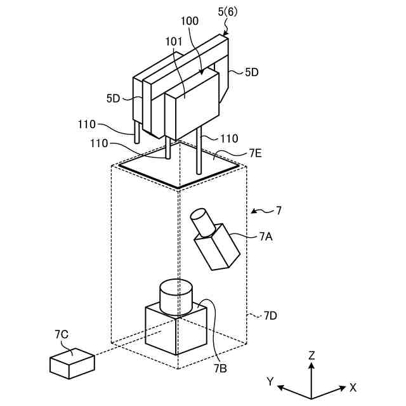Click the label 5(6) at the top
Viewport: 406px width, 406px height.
click(x=228, y=12)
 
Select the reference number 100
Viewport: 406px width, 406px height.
click(x=190, y=21)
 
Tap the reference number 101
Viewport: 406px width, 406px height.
click(x=174, y=41)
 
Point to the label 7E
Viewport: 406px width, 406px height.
click(x=255, y=154)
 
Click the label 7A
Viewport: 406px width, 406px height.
click(x=266, y=237)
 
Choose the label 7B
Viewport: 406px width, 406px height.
click(x=220, y=368)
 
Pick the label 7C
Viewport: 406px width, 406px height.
click(x=62, y=334)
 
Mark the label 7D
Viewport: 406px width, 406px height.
click(x=270, y=316)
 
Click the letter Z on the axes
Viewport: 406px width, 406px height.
click(x=311, y=355)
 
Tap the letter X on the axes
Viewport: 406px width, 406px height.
click(x=353, y=388)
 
